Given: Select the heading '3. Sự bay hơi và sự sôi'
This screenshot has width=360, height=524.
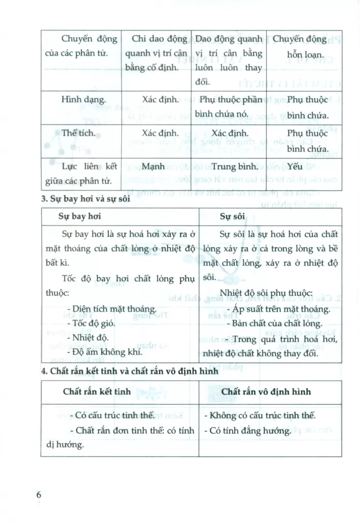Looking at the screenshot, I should pos(86,200).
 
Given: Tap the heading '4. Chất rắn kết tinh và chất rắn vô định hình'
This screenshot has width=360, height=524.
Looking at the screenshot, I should pos(130,372).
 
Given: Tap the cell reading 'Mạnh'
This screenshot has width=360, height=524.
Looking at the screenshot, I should pos(153,166).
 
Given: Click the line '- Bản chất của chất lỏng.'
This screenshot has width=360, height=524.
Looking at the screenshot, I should pos(274,323).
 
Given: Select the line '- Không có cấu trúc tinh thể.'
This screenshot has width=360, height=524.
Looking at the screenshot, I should pos(263,415).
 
